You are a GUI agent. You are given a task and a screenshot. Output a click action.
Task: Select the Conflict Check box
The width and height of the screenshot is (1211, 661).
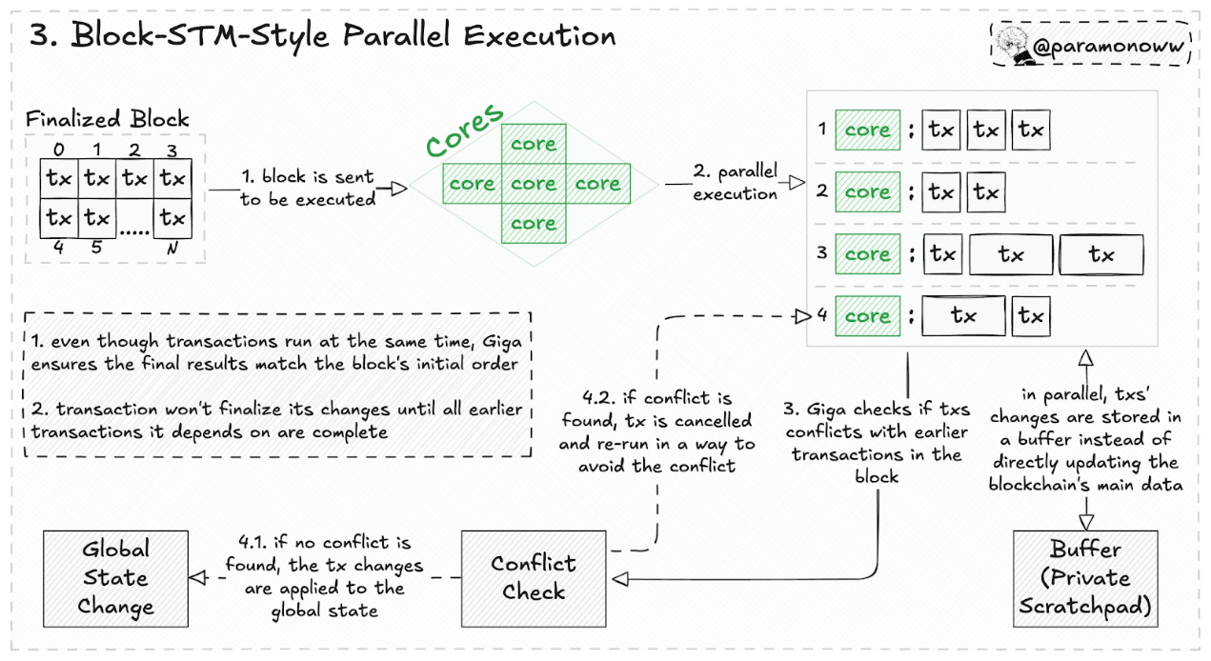pos(533,577)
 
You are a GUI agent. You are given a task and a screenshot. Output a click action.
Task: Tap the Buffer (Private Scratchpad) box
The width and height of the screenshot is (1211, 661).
pos(1084,577)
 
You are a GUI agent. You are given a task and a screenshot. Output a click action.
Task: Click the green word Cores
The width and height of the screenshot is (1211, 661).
pos(463,130)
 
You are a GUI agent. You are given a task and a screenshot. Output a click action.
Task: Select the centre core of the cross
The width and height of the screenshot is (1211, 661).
pos(534,183)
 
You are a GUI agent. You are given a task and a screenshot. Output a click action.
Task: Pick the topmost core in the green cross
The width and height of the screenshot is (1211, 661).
pos(534,144)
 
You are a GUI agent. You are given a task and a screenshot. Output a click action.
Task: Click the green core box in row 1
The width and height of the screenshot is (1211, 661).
pos(867,130)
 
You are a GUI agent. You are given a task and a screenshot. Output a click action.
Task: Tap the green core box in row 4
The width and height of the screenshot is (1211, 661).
pos(867,316)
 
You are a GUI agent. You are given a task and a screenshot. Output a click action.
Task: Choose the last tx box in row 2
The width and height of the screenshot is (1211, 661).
pos(986,192)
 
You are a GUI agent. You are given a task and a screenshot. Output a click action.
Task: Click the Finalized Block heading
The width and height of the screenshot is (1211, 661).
pos(107,120)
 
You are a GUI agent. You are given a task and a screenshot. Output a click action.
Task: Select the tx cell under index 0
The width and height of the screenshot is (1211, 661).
pos(59,178)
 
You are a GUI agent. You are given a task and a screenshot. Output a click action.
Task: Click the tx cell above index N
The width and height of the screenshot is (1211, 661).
pos(172,218)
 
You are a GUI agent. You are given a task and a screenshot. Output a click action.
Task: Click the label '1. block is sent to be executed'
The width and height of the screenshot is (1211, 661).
pos(307,189)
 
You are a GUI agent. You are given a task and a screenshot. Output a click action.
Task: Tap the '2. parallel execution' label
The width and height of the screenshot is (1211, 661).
pos(735,183)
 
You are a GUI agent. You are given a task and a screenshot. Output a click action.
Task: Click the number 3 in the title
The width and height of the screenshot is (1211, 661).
pos(42,36)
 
